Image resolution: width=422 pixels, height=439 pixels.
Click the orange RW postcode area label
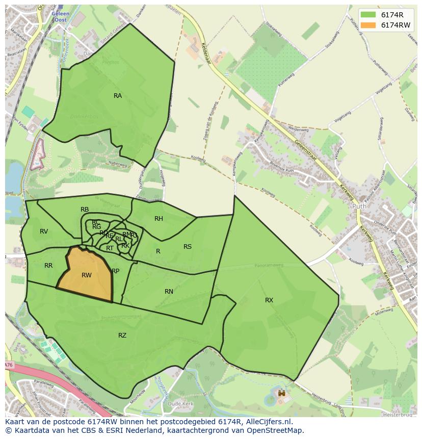point(87,275)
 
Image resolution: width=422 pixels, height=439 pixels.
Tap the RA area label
point(118,96)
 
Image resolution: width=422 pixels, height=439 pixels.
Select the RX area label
point(269,300)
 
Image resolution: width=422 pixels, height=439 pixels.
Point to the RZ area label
point(122,335)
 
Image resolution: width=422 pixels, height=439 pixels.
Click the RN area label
point(169,292)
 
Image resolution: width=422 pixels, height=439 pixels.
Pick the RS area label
point(188,247)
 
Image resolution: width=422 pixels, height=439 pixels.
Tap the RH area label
point(159,219)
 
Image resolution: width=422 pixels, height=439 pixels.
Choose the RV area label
point(44,231)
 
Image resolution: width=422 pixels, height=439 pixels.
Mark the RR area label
point(48,266)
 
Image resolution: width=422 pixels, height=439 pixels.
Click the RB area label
point(85,210)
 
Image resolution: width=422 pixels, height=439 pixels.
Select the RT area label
point(110,248)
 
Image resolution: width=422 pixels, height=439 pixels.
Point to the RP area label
point(116,271)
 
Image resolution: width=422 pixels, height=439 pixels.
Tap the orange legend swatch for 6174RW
point(368,24)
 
